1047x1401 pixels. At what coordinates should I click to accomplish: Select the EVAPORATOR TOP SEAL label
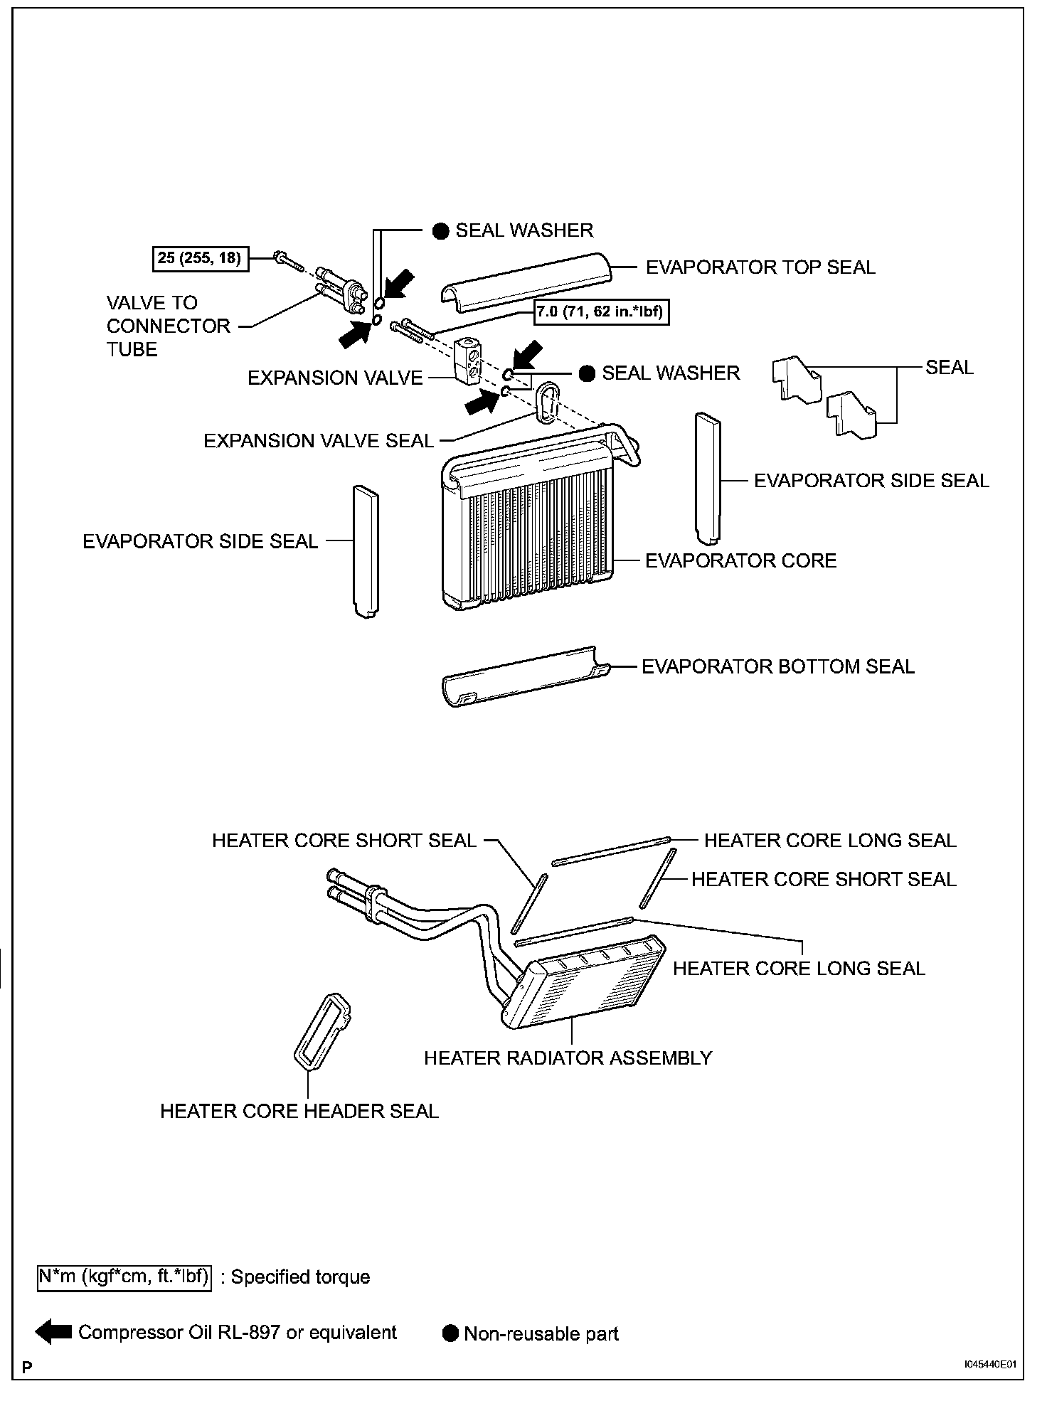[x=760, y=267]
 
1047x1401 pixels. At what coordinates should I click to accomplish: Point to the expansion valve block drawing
[x=467, y=360]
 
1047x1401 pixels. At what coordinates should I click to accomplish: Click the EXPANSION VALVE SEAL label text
[x=319, y=441]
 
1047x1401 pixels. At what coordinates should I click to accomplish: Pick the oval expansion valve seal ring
[x=546, y=402]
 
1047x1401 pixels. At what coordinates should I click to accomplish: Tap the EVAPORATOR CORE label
[x=740, y=560]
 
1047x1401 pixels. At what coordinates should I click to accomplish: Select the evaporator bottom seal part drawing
[x=525, y=676]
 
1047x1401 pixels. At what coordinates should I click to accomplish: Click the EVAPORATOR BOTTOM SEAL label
[x=777, y=666]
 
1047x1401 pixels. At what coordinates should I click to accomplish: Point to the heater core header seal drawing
[x=321, y=1030]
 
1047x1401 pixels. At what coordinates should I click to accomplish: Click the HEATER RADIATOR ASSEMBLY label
[x=568, y=1058]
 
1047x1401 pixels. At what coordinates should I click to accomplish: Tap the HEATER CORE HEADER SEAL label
[x=299, y=1111]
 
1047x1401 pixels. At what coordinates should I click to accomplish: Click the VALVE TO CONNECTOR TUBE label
[x=168, y=326]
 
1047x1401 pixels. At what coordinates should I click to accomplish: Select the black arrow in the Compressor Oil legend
[x=54, y=1332]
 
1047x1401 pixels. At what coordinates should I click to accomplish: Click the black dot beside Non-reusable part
[x=450, y=1333]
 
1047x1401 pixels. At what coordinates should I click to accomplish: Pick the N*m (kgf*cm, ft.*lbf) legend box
[x=124, y=1277]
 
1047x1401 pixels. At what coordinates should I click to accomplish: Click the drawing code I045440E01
[x=989, y=1365]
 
